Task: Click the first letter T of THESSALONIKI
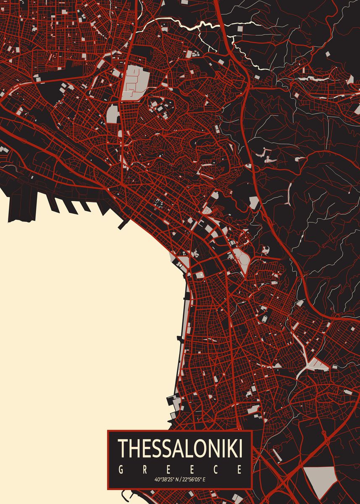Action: [122, 449]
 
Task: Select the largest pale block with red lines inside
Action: [135, 82]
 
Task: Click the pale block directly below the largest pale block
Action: [113, 114]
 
